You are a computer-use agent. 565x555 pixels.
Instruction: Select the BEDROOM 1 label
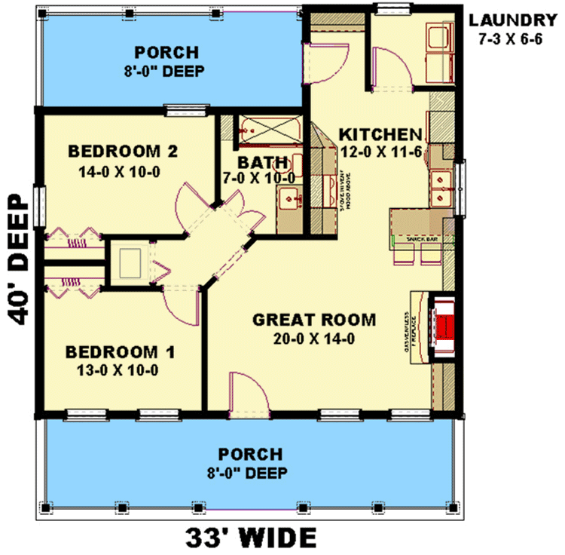click(x=121, y=351)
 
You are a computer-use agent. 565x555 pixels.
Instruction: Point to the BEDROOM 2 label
click(x=122, y=151)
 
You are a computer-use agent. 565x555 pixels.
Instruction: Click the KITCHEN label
click(x=380, y=134)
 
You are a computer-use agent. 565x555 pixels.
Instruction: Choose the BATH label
click(x=262, y=161)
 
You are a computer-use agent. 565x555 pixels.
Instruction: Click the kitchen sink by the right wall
click(x=440, y=189)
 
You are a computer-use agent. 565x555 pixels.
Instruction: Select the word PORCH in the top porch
click(x=166, y=53)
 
